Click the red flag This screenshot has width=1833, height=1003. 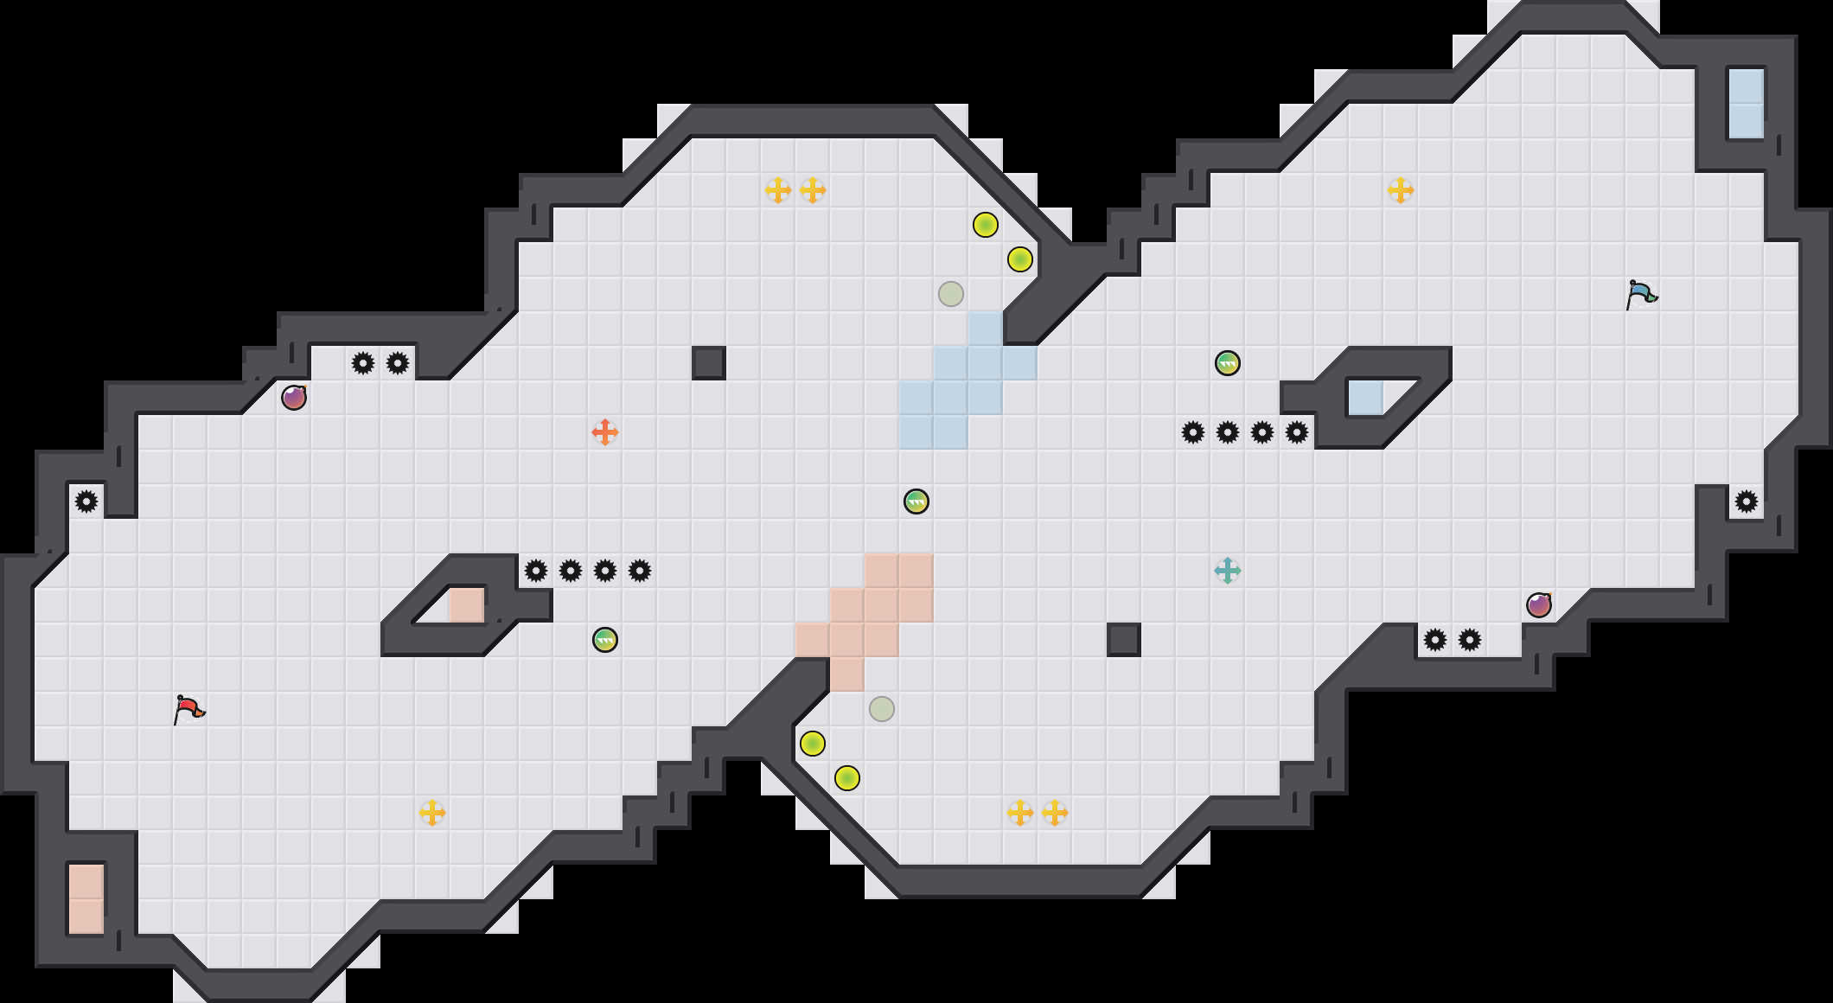tap(188, 710)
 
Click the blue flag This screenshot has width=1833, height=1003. tap(1641, 295)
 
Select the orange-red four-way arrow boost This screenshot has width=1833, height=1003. tap(605, 432)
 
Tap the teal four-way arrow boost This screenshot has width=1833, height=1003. tap(1228, 571)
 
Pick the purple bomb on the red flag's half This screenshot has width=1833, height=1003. tap(294, 398)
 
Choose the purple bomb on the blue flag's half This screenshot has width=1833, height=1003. tap(1539, 605)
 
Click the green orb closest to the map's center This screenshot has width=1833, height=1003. tap(916, 501)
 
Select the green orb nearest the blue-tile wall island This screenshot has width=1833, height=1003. tap(1228, 363)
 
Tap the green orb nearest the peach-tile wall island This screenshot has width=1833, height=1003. tap(605, 640)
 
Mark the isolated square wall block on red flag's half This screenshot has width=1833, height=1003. tap(709, 363)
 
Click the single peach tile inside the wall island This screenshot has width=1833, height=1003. tap(467, 605)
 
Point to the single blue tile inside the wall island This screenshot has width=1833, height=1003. tap(1366, 398)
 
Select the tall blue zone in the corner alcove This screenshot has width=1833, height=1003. tap(1747, 104)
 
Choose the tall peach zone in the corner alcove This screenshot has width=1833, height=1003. tap(86, 899)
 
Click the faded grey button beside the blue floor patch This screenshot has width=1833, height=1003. tap(951, 294)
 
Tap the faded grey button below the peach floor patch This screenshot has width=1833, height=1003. tap(882, 709)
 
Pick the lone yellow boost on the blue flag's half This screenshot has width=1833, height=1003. tap(1401, 190)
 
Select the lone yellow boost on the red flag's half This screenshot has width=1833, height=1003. tap(432, 813)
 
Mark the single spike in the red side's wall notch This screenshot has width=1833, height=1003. tap(86, 501)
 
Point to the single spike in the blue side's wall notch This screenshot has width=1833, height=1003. tap(1747, 501)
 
